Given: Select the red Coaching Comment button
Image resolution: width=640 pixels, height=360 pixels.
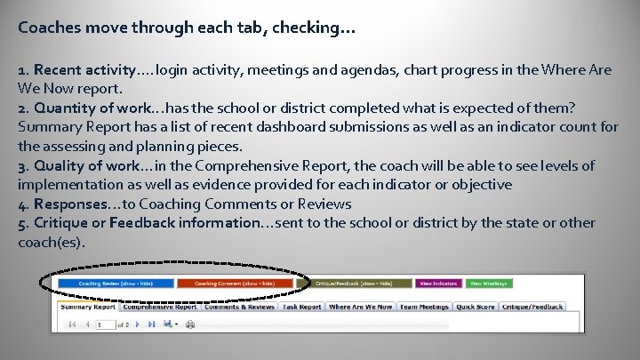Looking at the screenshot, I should point(234,284).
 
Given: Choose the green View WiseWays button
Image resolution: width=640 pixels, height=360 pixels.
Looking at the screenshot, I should point(489,284).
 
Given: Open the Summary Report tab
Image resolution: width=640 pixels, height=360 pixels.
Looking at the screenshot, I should point(88,307).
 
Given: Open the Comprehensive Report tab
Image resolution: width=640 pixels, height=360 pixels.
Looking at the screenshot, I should point(161,307).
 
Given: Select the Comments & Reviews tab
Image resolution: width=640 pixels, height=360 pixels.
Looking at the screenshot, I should point(240,307).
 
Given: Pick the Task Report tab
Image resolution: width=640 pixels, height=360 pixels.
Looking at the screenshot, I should point(302,307).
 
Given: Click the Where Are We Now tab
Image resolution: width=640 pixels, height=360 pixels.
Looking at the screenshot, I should point(360,307).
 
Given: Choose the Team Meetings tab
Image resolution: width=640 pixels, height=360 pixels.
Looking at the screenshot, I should point(424,307).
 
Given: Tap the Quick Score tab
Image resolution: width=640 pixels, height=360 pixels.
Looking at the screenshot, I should point(476,307).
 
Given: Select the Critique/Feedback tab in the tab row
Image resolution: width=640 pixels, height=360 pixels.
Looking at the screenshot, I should point(532,307).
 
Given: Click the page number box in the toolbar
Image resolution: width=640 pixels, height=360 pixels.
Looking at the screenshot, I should point(105,324).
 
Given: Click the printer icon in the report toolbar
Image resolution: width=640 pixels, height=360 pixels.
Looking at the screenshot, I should point(189,324).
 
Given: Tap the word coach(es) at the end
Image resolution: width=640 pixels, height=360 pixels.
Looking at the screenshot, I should point(50,242).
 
